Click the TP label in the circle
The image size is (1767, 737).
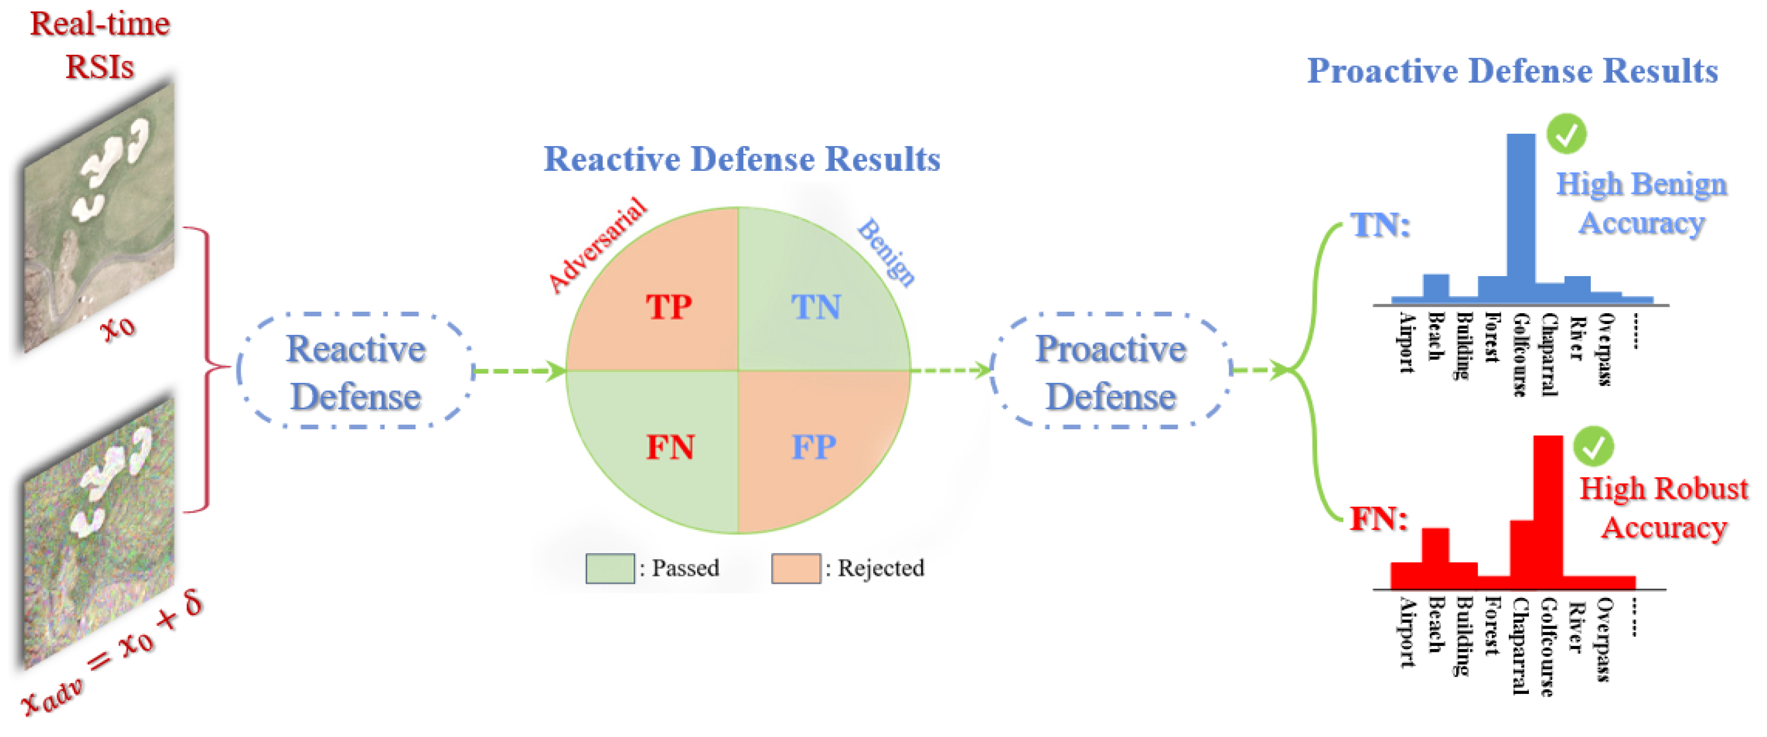pyautogui.click(x=668, y=307)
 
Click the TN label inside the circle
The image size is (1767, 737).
pyautogui.click(x=816, y=307)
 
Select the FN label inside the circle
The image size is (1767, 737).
pyautogui.click(x=670, y=447)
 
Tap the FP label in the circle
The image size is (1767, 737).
pyautogui.click(x=813, y=447)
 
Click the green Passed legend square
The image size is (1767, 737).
pyautogui.click(x=609, y=568)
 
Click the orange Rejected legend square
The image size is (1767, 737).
pyautogui.click(x=796, y=568)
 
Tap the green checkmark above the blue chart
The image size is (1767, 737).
pyautogui.click(x=1566, y=133)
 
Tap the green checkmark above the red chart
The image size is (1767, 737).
pyautogui.click(x=1593, y=446)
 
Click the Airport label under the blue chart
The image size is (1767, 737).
pyautogui.click(x=1406, y=343)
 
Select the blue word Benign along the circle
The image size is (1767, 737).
pyautogui.click(x=886, y=251)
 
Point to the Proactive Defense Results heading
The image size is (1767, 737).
pyautogui.click(x=1512, y=71)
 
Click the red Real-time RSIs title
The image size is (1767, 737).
pyautogui.click(x=100, y=45)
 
